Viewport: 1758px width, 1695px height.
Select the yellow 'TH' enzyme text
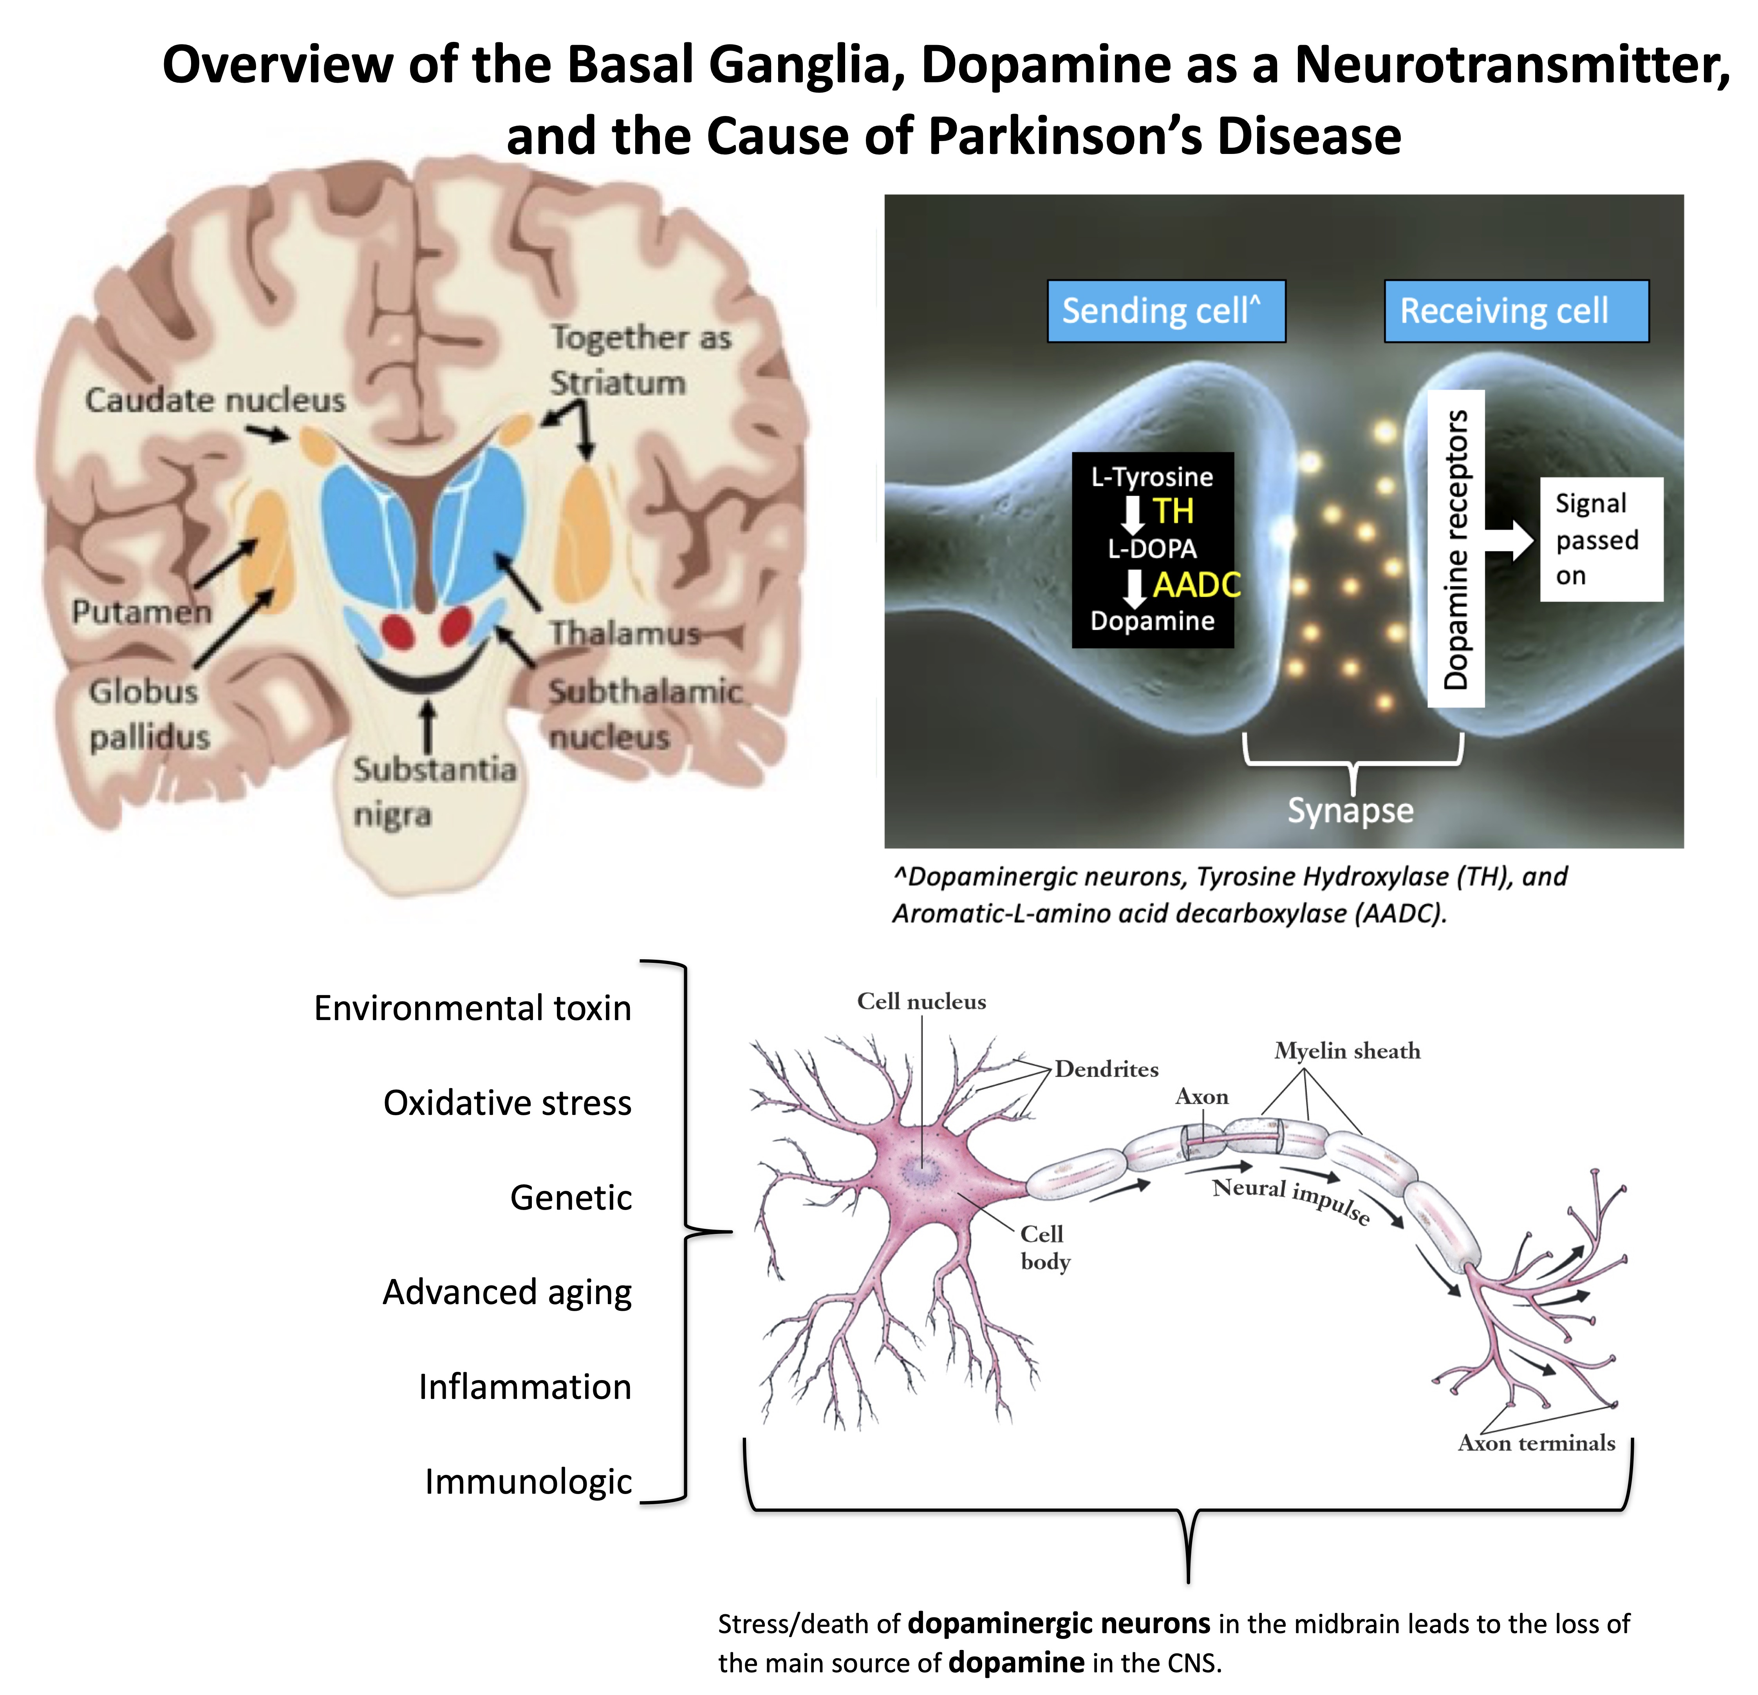(1173, 512)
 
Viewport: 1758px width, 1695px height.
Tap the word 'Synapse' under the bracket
(1350, 810)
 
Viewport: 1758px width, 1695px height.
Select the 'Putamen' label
(142, 612)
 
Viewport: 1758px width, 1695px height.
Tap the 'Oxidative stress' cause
(507, 1103)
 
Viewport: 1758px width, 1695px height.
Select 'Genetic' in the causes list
(571, 1198)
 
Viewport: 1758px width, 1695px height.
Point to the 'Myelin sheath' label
(1347, 1051)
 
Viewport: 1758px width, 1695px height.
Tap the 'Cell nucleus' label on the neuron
(921, 1001)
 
